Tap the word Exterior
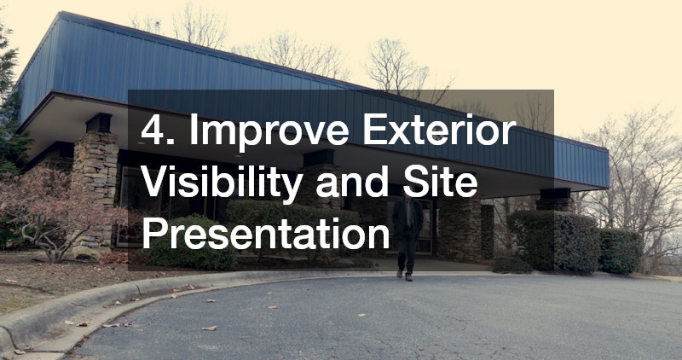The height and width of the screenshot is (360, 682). click(x=439, y=130)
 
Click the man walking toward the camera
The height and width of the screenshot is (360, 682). click(x=407, y=235)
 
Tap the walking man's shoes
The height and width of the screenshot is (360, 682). click(x=404, y=275)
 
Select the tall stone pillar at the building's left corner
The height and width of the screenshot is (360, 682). click(x=95, y=187)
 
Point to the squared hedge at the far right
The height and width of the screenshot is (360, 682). click(x=621, y=251)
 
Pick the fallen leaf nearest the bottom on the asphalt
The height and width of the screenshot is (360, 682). click(x=209, y=328)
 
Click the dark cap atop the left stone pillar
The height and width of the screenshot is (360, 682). click(x=99, y=123)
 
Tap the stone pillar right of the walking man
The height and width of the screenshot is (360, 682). click(x=459, y=229)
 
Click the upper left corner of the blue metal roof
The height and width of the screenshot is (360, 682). click(x=59, y=13)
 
